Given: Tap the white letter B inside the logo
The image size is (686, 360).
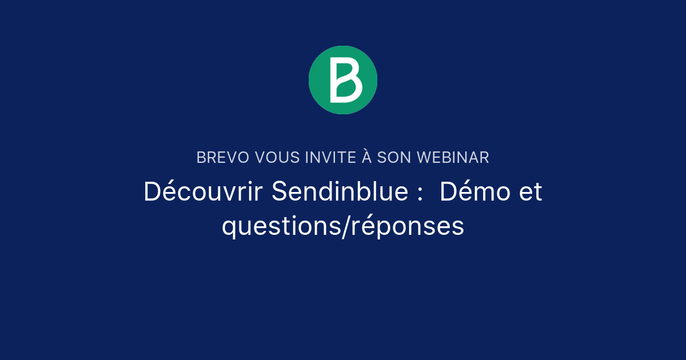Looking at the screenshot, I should click(x=345, y=81).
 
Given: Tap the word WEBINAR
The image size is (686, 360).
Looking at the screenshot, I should click(x=453, y=158).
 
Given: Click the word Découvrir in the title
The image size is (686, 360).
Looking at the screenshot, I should click(x=203, y=192).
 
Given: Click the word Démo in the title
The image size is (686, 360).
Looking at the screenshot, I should click(x=475, y=192).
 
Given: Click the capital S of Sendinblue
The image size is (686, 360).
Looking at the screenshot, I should click(x=279, y=192).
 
